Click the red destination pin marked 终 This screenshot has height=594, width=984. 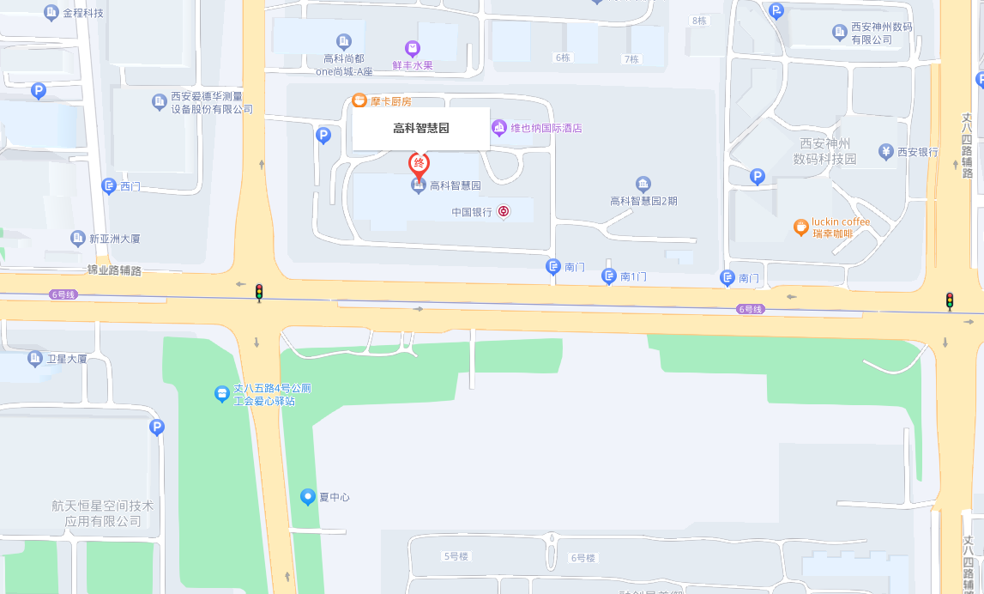coord(419,163)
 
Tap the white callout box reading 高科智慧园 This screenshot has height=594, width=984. coord(421,129)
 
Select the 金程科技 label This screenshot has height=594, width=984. coord(83,13)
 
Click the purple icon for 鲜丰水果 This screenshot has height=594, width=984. coord(413,48)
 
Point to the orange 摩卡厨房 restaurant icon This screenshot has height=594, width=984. coord(360,101)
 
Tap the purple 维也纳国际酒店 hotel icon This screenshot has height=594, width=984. coord(499,128)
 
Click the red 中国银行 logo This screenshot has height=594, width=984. coord(504,211)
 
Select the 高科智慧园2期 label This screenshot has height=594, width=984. coord(643,201)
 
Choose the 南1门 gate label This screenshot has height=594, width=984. coord(633,276)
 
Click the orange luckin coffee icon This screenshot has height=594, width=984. coord(800,227)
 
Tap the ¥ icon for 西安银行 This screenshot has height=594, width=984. coord(886,152)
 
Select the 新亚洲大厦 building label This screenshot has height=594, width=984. coord(114,238)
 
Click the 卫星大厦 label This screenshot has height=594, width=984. coord(67,359)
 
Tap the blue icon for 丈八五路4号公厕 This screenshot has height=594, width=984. coord(222,393)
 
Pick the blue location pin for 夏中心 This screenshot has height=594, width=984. coord(308,496)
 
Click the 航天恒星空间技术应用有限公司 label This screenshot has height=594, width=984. coord(103,513)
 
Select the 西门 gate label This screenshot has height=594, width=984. coord(130,185)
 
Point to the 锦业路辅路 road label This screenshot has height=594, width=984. coord(114,270)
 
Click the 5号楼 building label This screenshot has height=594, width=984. coord(456,556)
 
